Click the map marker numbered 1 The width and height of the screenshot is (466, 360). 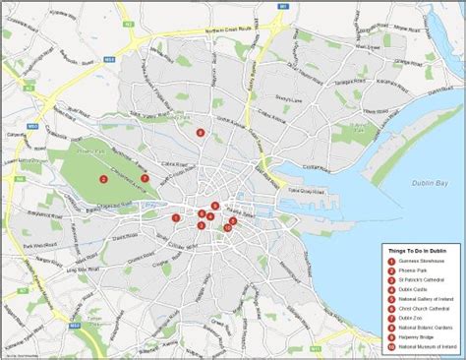coord(176,218)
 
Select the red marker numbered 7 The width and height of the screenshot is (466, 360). coord(145,178)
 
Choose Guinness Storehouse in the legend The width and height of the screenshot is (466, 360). coord(424,262)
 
